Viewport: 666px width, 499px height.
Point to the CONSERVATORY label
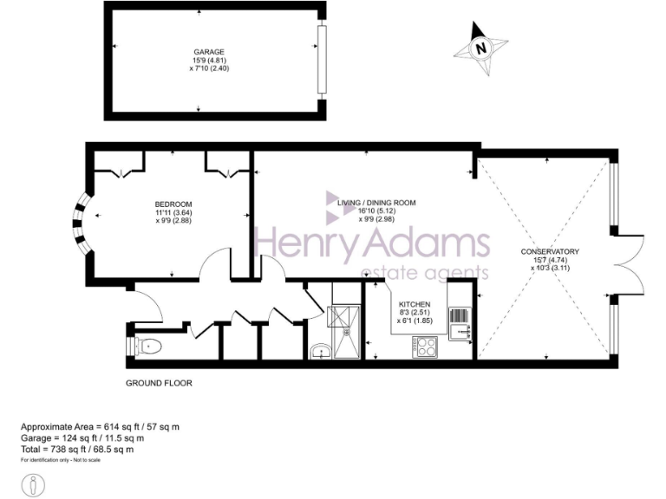pos(550,252)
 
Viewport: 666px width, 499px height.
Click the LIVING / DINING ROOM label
pos(376,203)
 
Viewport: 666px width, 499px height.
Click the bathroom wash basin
pos(318,351)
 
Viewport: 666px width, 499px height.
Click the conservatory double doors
pos(628,264)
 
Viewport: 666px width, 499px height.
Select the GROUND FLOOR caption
pos(159,382)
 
